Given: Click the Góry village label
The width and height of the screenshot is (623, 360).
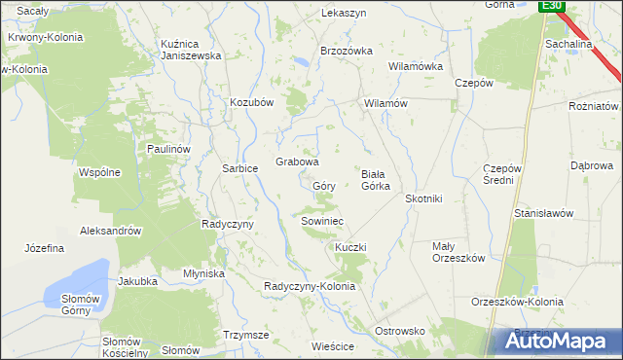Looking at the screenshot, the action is point(324,185).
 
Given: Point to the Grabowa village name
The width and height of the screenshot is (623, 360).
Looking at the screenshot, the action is point(298,162).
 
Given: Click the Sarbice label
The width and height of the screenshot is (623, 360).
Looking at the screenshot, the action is point(240,168).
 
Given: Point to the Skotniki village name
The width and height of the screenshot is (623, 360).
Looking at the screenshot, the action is point(423,198).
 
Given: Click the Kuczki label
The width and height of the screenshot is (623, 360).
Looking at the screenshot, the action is point(350,247).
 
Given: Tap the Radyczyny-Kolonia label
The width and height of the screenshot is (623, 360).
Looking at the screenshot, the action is point(310,286).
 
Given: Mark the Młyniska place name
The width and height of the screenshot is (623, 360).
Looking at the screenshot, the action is point(204,273).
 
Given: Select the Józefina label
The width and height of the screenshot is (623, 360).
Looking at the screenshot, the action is point(45,248).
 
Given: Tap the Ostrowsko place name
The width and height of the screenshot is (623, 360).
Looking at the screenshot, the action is point(401,331).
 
